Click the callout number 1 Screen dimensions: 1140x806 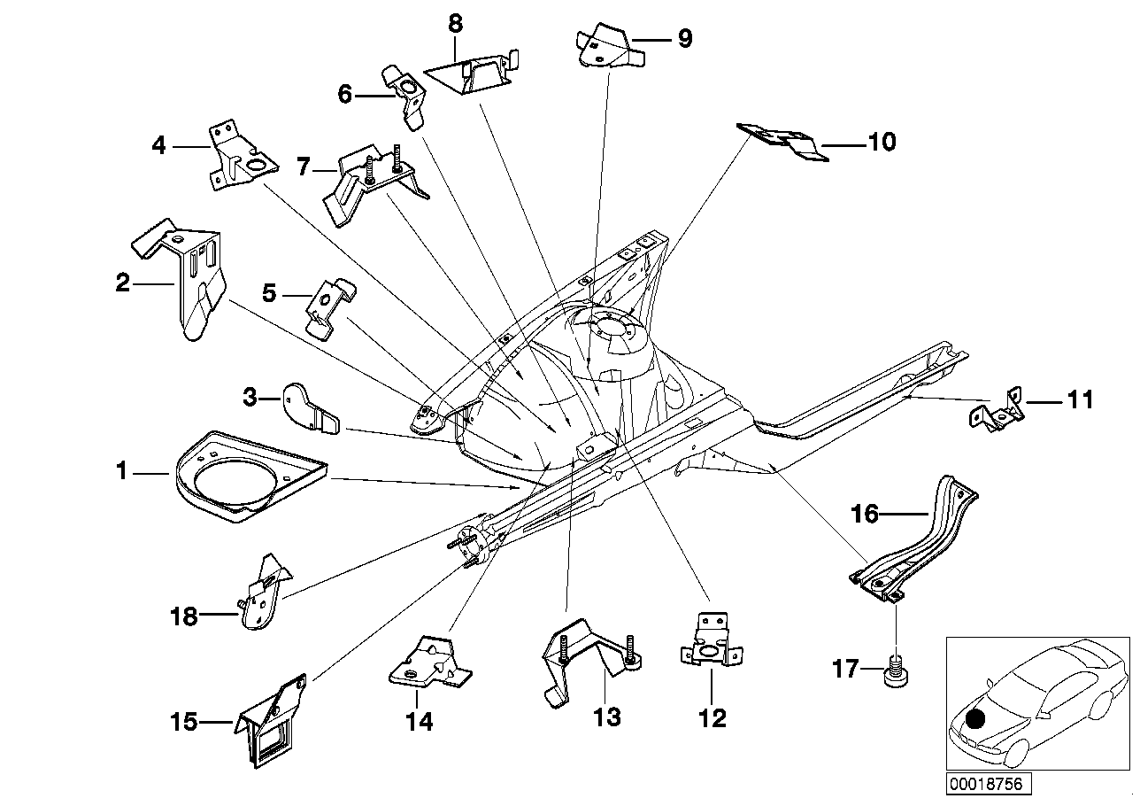121,471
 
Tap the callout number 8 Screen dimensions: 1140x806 455,23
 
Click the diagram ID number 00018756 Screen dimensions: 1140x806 987,783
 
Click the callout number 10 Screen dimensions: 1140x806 882,142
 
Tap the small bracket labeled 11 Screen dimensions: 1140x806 997,413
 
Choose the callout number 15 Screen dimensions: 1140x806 184,722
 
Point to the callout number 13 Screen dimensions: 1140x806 607,717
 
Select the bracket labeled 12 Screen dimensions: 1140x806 711,639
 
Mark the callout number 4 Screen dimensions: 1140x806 158,146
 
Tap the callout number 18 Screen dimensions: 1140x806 184,616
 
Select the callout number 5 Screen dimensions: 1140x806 269,293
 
